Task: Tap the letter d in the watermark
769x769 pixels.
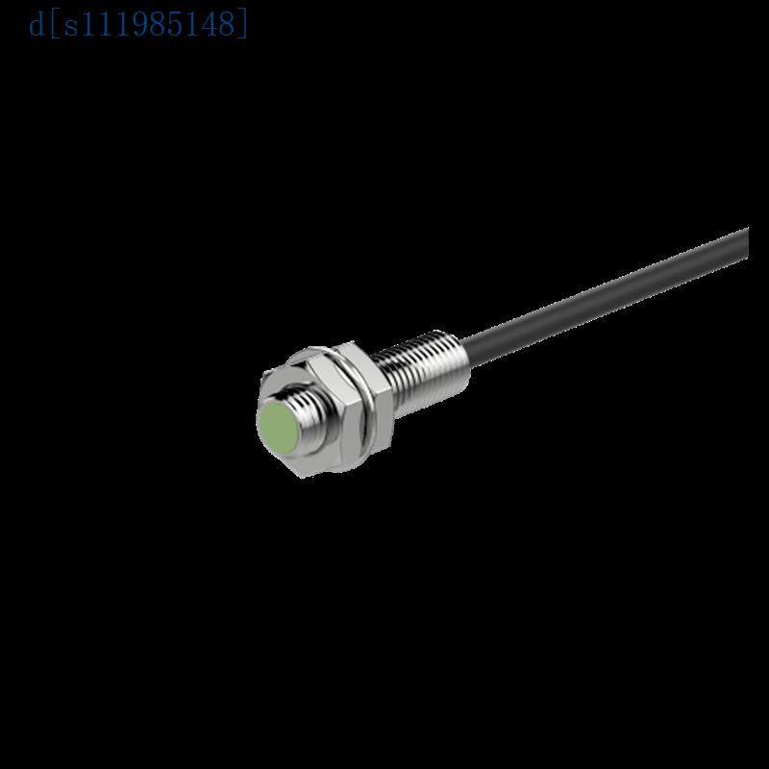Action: coord(37,22)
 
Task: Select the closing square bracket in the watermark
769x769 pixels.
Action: coord(244,22)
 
